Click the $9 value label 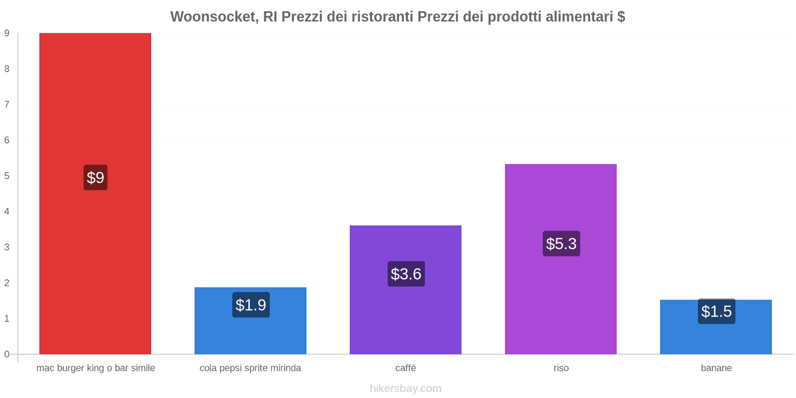pyautogui.click(x=96, y=178)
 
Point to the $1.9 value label pyautogui.click(x=251, y=305)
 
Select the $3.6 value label pyautogui.click(x=406, y=274)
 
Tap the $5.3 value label pyautogui.click(x=561, y=244)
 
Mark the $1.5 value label pyautogui.click(x=716, y=311)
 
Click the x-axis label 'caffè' pyautogui.click(x=405, y=368)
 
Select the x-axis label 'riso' pyautogui.click(x=561, y=368)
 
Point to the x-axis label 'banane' pyautogui.click(x=716, y=368)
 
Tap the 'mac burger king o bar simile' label pyautogui.click(x=96, y=368)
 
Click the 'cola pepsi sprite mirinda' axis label pyautogui.click(x=250, y=368)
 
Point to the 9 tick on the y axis pyautogui.click(x=7, y=33)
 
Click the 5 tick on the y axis pyautogui.click(x=7, y=176)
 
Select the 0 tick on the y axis pyautogui.click(x=7, y=354)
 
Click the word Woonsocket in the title pyautogui.click(x=214, y=17)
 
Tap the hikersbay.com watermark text pyautogui.click(x=405, y=389)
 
